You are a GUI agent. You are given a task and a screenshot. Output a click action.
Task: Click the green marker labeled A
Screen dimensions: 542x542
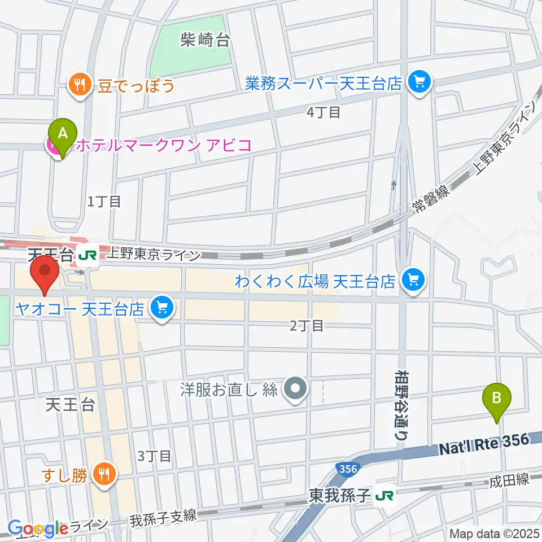click(x=63, y=134)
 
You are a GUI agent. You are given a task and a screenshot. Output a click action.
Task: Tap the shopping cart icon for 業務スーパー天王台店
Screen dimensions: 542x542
click(x=419, y=84)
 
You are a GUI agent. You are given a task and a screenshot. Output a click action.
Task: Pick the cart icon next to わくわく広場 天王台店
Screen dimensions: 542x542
click(x=414, y=280)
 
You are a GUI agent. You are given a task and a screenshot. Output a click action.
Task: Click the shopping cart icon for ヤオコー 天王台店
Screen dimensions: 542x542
click(x=163, y=308)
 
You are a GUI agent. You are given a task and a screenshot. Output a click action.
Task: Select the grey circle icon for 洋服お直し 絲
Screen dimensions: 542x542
click(x=295, y=390)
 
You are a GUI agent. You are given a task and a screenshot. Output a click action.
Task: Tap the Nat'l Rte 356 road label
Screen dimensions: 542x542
click(x=485, y=444)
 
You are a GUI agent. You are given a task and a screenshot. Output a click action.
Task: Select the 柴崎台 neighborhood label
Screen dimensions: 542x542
click(x=205, y=40)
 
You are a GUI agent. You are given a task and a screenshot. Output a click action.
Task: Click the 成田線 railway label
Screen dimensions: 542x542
click(x=509, y=480)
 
